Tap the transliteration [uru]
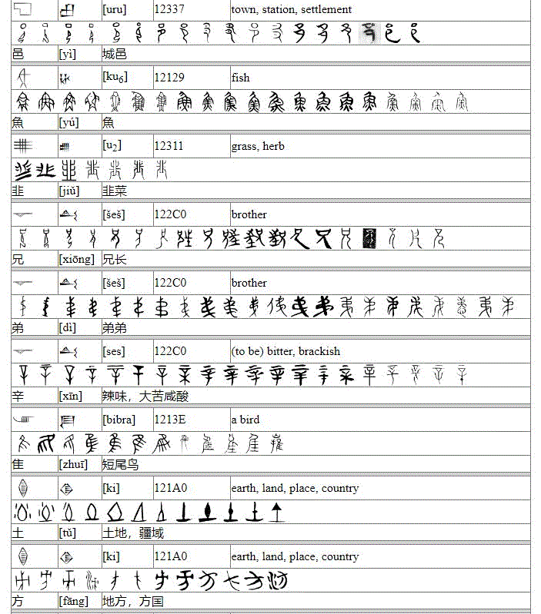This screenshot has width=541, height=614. (115, 9)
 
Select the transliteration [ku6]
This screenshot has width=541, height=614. (115, 78)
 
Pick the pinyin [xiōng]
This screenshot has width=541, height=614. (76, 260)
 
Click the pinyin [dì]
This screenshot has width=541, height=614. (68, 328)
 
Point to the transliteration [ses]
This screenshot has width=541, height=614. (115, 351)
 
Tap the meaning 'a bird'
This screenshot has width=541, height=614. (245, 420)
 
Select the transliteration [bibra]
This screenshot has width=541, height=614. (119, 420)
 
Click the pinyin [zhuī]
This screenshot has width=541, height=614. (73, 465)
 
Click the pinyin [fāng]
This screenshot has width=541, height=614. (73, 602)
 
